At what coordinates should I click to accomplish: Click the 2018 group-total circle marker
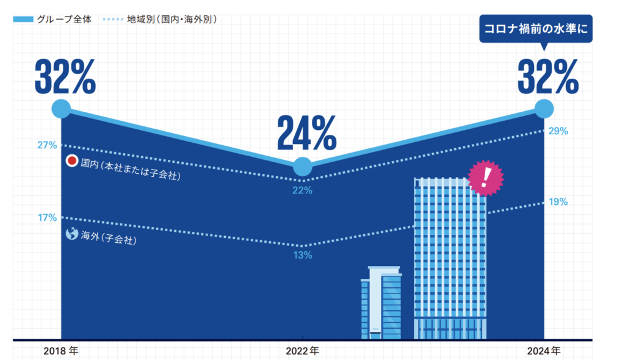(x=61, y=109)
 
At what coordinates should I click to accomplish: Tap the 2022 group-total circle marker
(x=303, y=167)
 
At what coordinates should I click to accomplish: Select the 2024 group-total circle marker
(x=544, y=109)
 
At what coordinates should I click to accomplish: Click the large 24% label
(x=306, y=133)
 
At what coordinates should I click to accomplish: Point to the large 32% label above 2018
(x=65, y=77)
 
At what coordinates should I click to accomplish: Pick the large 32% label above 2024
(x=547, y=77)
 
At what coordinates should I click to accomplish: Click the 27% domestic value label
(x=47, y=145)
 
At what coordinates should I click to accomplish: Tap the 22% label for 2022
(x=302, y=190)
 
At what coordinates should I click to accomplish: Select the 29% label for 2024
(x=558, y=131)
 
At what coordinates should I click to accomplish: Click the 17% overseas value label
(x=47, y=217)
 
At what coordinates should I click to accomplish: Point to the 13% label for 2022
(x=302, y=255)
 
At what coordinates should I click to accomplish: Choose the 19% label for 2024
(x=558, y=202)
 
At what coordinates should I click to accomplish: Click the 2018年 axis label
(x=61, y=351)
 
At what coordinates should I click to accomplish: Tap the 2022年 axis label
(x=302, y=351)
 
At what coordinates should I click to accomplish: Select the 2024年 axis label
(x=544, y=351)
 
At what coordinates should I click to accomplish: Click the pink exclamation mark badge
(x=486, y=178)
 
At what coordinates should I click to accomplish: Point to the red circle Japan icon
(x=72, y=162)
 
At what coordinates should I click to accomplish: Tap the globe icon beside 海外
(x=72, y=234)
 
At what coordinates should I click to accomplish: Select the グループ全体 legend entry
(x=52, y=19)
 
